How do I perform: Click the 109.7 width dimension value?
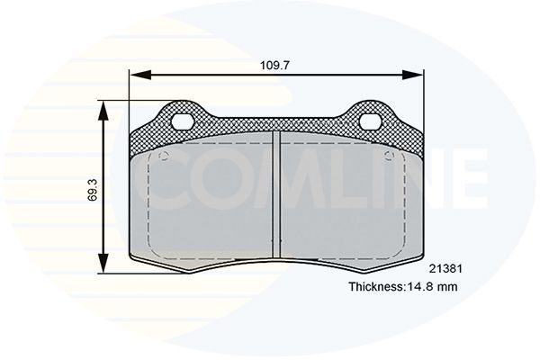point(276,66)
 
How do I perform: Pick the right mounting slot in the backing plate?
point(370,120)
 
